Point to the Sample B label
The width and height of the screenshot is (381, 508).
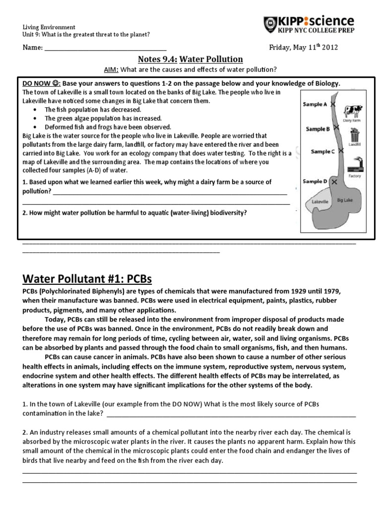318,128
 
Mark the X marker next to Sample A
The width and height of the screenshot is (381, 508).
333,105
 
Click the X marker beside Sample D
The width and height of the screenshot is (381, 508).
334,183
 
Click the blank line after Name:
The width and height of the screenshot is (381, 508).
105,49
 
